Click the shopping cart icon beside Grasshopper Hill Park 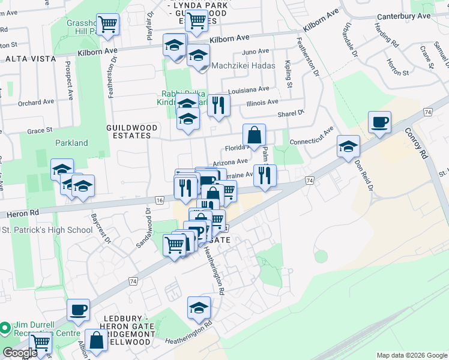(x=108, y=25)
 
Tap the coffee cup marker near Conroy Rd (x=379, y=123)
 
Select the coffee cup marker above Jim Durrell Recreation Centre (x=78, y=310)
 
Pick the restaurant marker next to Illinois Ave (x=218, y=106)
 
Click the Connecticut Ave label (x=312, y=137)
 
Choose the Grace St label (x=40, y=130)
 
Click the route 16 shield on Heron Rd (x=159, y=200)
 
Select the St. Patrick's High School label (x=47, y=230)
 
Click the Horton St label (x=397, y=71)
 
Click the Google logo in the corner (x=19, y=353)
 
